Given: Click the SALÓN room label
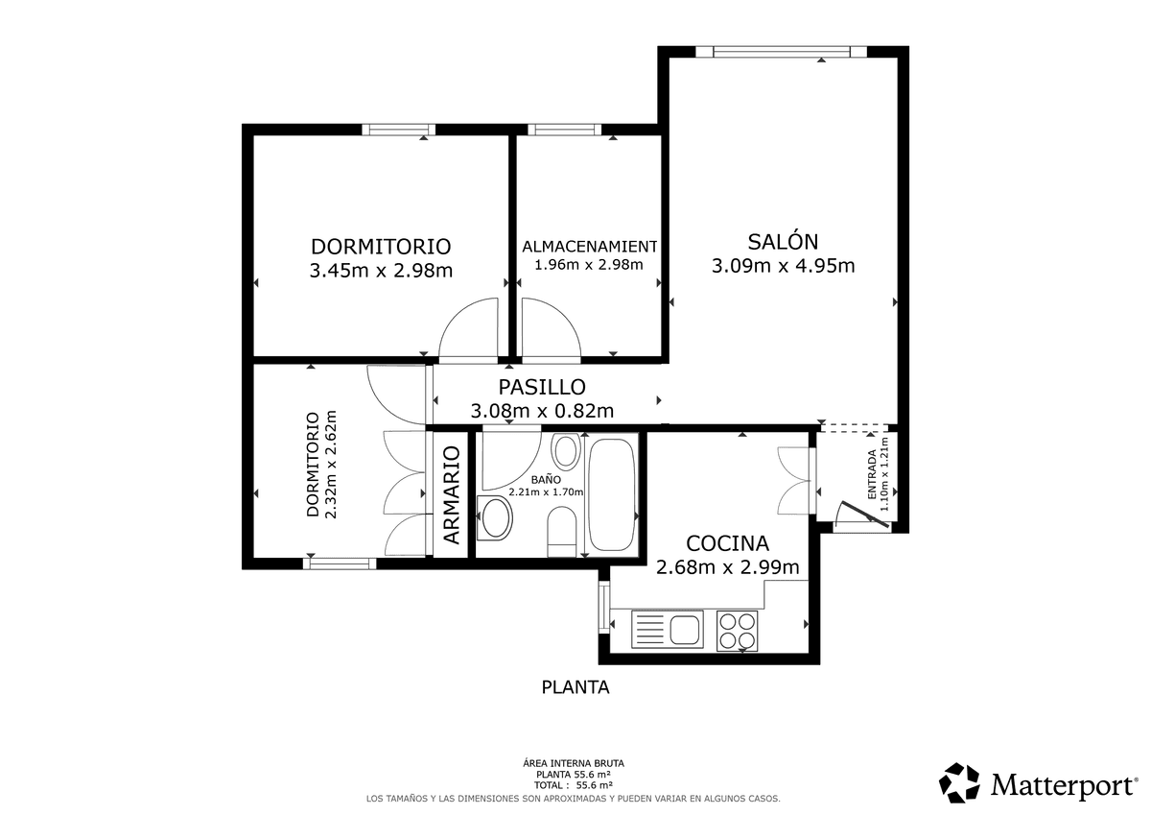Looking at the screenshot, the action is pos(783,241).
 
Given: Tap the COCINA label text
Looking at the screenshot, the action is pos(727,543).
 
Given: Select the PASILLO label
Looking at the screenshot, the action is pos(542,387).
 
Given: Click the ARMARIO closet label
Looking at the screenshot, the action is pos(451,495).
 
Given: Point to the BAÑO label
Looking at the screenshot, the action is pos(546,479).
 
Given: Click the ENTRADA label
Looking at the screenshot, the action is pos(872,474).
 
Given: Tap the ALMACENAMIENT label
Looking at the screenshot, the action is pos(589,247).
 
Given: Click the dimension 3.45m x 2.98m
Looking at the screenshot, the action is pos(381,271).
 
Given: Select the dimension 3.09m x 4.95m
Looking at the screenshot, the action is pos(783,266).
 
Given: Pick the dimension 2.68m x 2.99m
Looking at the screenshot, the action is pos(728,567).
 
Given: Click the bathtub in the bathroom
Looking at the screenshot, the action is pos(612,494).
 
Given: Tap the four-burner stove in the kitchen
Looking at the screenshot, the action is pos(738,631).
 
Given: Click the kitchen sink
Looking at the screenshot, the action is pos(667,629).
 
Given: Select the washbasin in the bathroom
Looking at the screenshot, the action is pos(495,517).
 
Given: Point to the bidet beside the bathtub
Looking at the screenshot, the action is pos(566,451).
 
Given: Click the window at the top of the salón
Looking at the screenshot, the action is pos(781,52).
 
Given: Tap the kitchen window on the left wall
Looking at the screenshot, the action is pos(603,608).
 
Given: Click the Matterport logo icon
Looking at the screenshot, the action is pos(959,783).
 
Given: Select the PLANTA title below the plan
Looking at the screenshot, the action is pos(575,687).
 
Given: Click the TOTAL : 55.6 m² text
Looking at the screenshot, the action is pos(573,785).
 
